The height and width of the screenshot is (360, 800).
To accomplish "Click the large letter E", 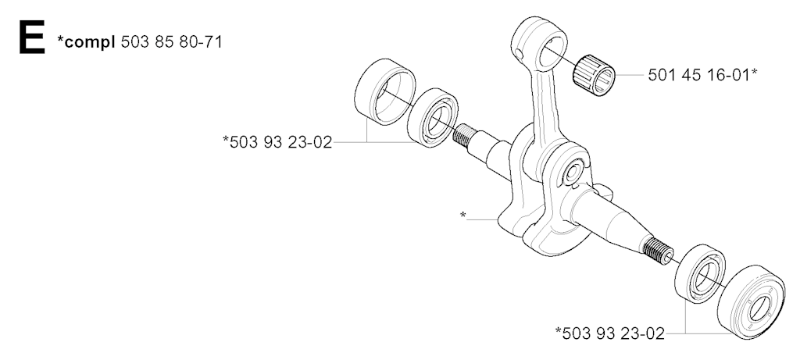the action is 31,37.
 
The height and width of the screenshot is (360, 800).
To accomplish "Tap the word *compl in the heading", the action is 86,42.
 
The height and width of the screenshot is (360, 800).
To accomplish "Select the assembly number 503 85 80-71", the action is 171,41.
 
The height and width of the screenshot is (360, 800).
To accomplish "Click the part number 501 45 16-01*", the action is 702,75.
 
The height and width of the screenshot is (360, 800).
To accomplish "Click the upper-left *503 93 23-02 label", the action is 277,142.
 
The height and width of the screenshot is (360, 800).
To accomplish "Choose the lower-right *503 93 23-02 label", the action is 609,333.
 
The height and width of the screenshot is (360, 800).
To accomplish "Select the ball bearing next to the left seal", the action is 434,118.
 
